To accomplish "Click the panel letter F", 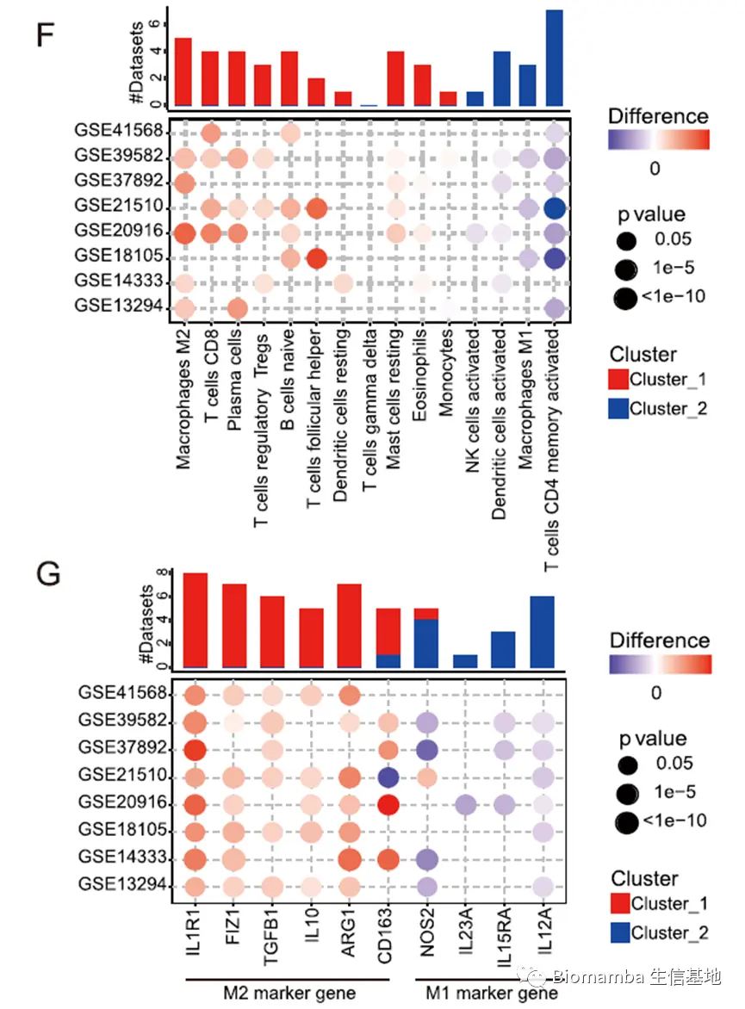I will click(50, 36).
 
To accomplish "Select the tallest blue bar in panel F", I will click(554, 58).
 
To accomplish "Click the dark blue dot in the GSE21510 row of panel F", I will click(554, 207).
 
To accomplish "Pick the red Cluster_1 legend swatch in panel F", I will click(618, 379).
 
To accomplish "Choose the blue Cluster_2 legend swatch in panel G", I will click(619, 932).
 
